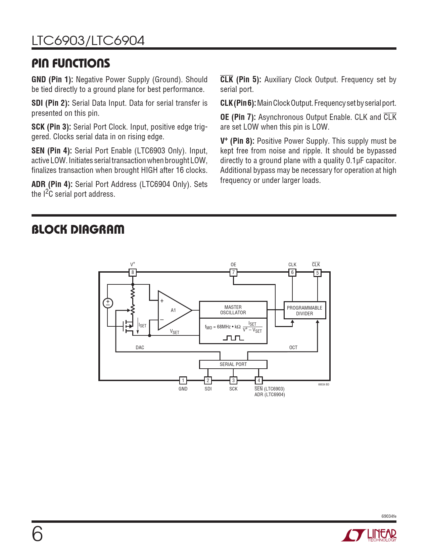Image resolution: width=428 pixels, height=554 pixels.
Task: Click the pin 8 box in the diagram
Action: coord(133,272)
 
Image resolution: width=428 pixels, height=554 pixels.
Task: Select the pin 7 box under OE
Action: coord(233,272)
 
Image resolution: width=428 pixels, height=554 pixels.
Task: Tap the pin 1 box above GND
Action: coord(183,380)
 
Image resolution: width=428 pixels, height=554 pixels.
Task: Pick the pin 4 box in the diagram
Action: coord(258,380)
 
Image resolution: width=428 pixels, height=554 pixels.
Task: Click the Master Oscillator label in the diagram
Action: coord(233,310)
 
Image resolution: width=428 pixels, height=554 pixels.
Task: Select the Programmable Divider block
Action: coord(304,311)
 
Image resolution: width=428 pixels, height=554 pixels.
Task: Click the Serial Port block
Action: coord(233,364)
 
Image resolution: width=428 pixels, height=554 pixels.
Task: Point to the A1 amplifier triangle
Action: coord(173,310)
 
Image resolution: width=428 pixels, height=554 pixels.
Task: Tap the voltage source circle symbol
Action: coord(108,303)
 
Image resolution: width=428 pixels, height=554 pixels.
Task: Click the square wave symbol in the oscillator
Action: coord(233,338)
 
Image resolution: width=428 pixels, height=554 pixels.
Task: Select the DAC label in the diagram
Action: coord(140,348)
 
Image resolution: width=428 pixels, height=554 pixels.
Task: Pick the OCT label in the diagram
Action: coord(293,348)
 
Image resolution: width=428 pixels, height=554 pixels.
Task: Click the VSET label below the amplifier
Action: coord(175,332)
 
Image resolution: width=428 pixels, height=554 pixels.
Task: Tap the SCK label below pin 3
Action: coord(233,389)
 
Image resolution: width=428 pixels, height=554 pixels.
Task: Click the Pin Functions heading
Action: coord(71,63)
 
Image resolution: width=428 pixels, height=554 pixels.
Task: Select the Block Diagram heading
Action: coord(78,230)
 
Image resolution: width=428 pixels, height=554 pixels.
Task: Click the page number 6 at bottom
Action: coord(37,534)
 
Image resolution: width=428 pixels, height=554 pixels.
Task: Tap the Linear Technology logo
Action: coord(369,535)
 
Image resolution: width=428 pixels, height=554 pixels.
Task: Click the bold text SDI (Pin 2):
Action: coord(50,103)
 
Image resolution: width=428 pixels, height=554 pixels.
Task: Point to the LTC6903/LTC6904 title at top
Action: coord(88,41)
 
